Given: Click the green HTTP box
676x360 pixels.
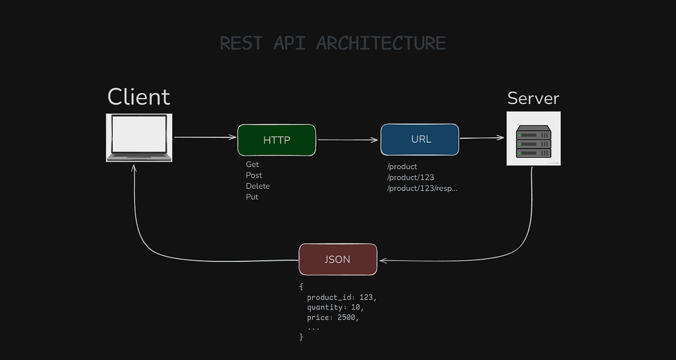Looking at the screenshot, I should click(277, 140).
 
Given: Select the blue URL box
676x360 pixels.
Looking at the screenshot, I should click(420, 139).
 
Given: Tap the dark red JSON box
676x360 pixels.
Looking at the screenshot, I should click(337, 259).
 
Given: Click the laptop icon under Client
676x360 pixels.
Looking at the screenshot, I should click(139, 137).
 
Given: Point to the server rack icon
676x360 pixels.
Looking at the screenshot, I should click(533, 139).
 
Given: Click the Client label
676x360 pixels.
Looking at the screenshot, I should click(139, 97).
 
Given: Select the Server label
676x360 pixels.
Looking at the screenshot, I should click(533, 98).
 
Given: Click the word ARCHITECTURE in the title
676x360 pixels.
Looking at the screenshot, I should click(381, 43).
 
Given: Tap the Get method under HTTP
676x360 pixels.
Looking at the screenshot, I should click(252, 165).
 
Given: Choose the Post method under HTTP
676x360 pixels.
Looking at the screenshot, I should click(254, 175).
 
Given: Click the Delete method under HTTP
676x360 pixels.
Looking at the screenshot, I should click(257, 186).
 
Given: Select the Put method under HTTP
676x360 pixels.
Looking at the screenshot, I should click(252, 197).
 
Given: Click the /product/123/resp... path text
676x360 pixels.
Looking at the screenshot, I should click(422, 188).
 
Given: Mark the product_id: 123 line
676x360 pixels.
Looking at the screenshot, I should click(341, 297).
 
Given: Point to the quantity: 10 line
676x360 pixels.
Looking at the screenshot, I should click(335, 307).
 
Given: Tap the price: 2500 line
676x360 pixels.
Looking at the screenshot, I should click(333, 317).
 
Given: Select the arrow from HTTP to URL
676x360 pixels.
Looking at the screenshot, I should click(348, 140).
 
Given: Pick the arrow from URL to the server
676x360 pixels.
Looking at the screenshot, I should click(482, 137).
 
